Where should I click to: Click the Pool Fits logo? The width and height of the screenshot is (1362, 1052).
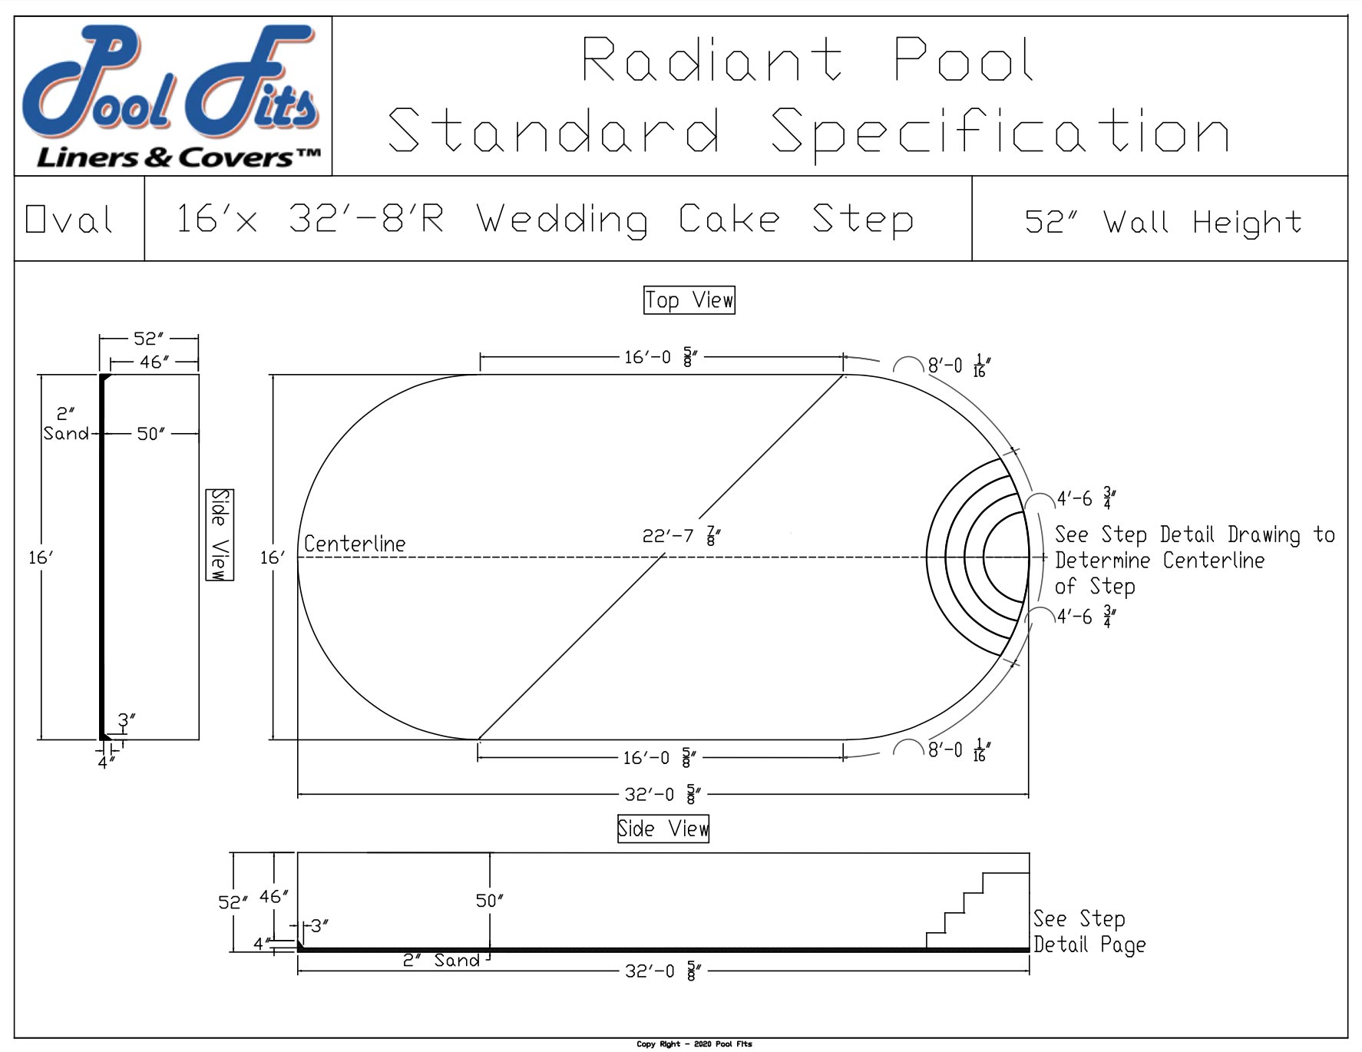coord(173,96)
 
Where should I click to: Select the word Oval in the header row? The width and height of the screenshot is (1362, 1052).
coord(70,220)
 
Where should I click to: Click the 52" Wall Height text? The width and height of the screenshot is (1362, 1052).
coord(1162,222)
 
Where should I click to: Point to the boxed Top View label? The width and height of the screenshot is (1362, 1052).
coord(689,300)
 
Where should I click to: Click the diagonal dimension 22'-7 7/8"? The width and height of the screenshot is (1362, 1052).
coord(681,535)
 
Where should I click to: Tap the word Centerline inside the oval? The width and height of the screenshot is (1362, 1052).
coord(355,544)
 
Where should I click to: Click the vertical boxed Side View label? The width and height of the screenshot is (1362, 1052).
coord(220,534)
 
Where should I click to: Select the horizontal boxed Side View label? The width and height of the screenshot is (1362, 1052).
coord(663,829)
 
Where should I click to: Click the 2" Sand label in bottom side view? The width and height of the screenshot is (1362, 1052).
coord(441,960)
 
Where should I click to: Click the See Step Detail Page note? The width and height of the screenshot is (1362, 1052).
coord(1089,931)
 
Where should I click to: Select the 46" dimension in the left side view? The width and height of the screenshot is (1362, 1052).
coord(154,362)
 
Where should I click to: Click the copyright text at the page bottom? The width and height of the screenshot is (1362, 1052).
coord(694,1044)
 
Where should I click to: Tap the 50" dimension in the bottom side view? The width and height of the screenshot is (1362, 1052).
coord(489,900)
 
